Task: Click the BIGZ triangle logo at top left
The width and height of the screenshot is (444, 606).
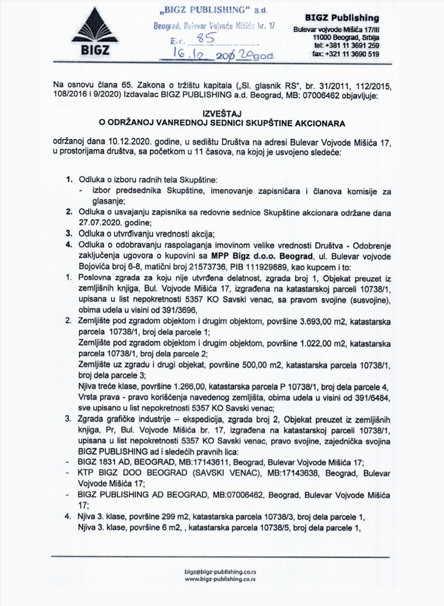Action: coord(90,32)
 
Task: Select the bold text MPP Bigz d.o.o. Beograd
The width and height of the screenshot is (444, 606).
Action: coord(262,256)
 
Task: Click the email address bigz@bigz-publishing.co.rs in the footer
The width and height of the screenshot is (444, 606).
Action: coord(220,572)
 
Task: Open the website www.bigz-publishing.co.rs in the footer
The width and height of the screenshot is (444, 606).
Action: coord(220,579)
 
